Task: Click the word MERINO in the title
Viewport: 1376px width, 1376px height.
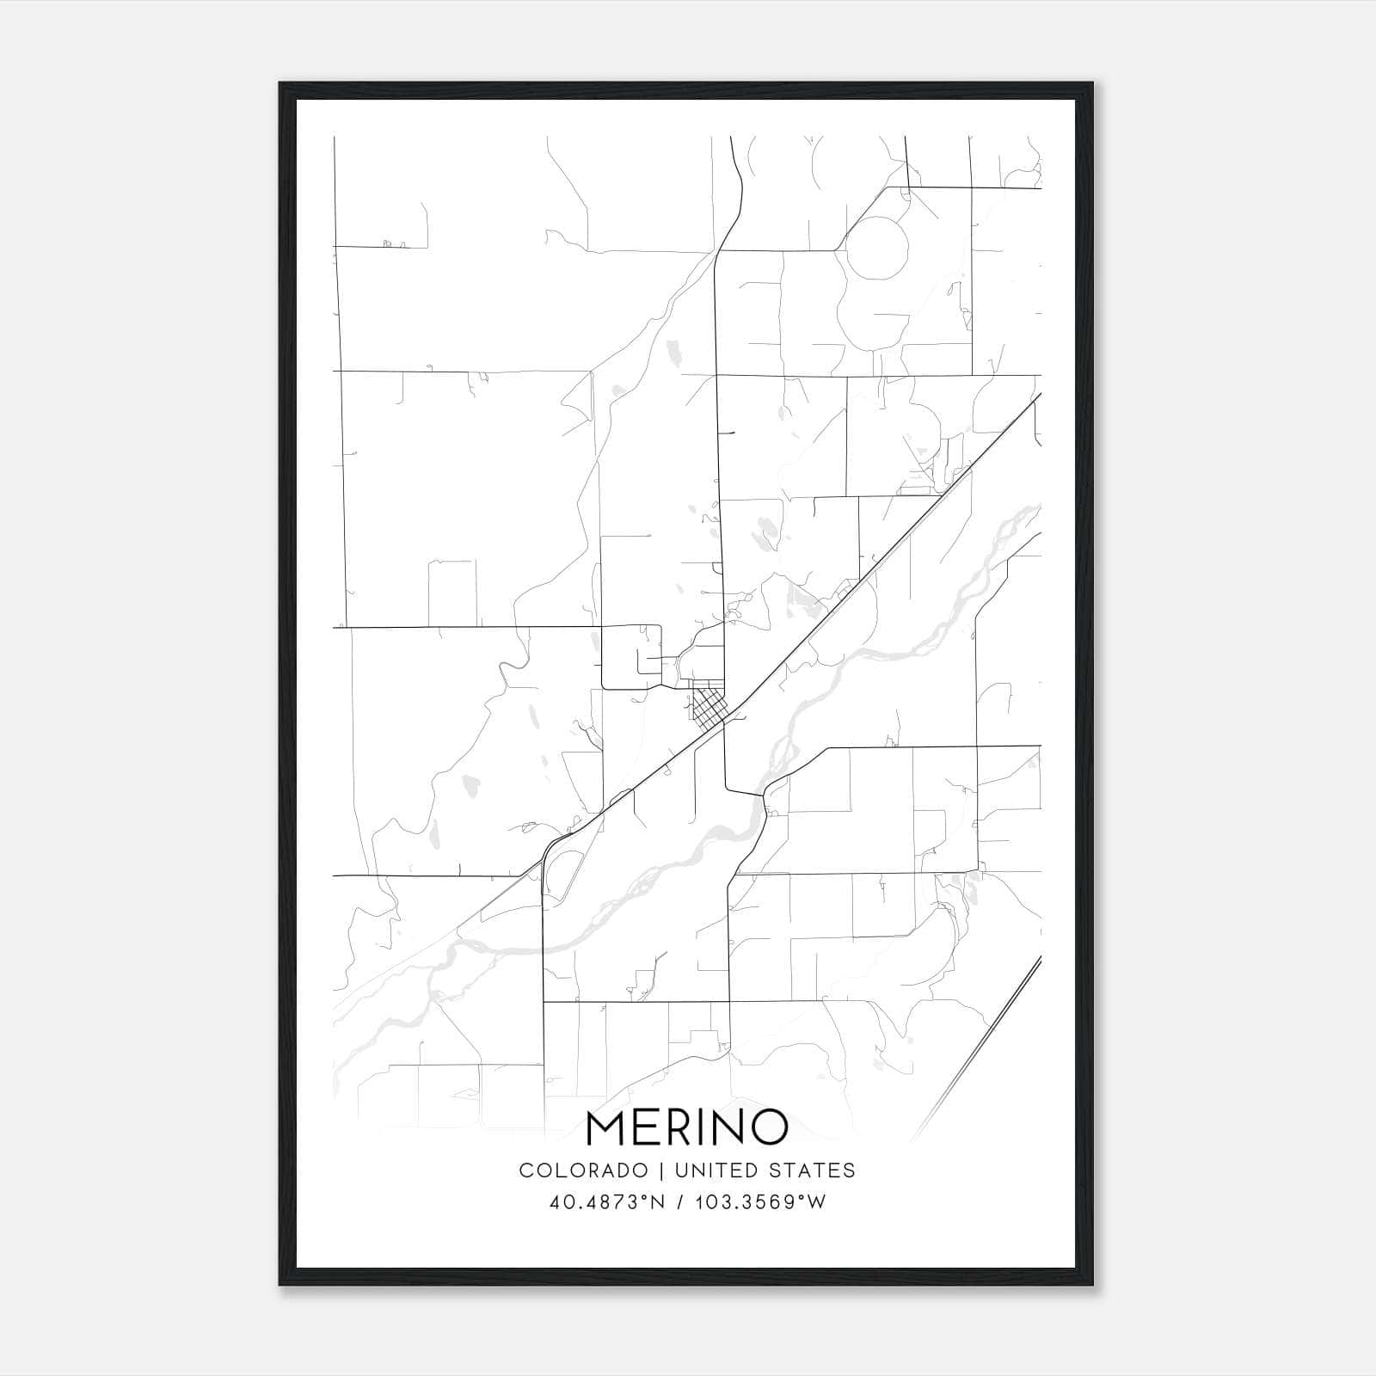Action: point(687,1127)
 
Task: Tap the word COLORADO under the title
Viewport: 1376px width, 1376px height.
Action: point(583,1170)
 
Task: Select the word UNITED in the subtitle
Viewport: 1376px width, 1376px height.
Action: point(713,1170)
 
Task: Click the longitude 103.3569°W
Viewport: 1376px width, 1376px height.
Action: point(757,1202)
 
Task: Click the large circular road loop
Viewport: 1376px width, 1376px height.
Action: point(877,248)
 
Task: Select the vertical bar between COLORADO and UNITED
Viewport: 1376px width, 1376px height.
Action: point(661,1170)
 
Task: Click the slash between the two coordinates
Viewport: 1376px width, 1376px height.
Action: point(680,1202)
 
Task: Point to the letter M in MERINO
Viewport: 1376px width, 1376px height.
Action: point(608,1127)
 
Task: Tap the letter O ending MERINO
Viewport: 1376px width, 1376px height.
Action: point(769,1127)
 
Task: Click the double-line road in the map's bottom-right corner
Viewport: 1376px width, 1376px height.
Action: point(989,1032)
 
